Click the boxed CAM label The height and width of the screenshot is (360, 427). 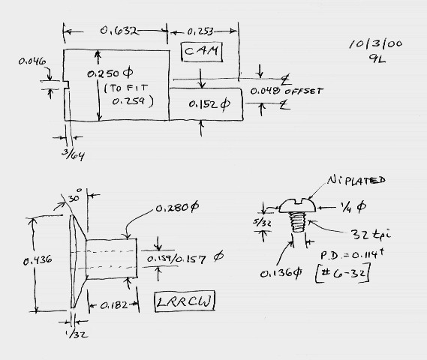coord(202,52)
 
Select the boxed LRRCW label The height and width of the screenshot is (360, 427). coord(185,301)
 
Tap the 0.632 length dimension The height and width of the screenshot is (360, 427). coord(119,31)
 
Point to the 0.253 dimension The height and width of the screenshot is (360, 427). coord(200,31)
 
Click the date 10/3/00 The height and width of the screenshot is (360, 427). coord(376,43)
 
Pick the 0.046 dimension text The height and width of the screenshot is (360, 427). coord(32,61)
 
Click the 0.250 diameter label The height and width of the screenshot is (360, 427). coord(110,73)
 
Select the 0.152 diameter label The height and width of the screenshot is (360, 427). coord(209,104)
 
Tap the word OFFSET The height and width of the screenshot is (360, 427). coord(304,91)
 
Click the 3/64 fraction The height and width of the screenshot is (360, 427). coord(73,154)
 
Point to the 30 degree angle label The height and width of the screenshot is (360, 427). coord(75,196)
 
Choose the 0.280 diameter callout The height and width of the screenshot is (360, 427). coord(177,208)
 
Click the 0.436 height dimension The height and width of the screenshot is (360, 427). coord(38,261)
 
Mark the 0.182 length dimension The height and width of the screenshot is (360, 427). coord(114,305)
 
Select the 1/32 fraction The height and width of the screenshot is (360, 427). coord(77,334)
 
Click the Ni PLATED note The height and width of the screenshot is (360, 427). coord(356,180)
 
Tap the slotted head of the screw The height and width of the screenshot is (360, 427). coord(298,205)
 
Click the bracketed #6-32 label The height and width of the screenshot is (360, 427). coord(343,273)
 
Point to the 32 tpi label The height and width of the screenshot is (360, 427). coord(370,234)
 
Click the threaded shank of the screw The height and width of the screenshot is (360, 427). coord(298,222)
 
